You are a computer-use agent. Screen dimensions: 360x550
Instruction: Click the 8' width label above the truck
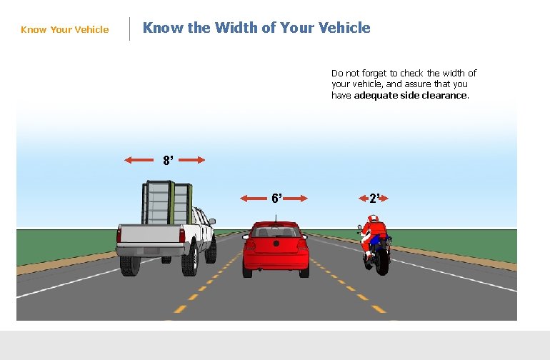tap(167, 161)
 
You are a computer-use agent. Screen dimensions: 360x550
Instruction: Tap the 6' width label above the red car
tap(276, 198)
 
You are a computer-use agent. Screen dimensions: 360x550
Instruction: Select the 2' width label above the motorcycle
tap(374, 198)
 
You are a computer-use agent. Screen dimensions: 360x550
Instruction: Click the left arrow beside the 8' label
tap(138, 160)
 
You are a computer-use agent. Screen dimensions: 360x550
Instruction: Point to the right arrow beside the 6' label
tap(295, 199)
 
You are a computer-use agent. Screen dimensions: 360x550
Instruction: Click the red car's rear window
tap(276, 232)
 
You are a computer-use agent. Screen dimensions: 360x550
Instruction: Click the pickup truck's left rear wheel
tap(130, 264)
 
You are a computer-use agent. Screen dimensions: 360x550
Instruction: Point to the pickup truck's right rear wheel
tap(189, 262)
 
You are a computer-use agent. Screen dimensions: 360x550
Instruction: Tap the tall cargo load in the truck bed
tap(167, 203)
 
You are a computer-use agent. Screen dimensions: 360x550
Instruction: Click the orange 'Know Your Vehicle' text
tap(65, 29)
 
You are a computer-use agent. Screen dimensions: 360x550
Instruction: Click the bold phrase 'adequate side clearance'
tap(411, 95)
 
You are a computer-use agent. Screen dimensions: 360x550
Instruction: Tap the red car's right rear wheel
tap(304, 269)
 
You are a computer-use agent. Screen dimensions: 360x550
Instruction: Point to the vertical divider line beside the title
tap(129, 29)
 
